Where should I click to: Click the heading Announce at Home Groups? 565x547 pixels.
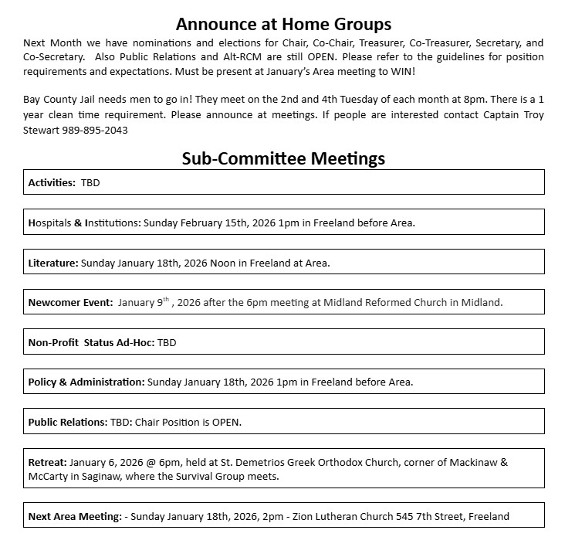[283, 23]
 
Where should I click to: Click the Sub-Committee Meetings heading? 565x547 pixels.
[283, 158]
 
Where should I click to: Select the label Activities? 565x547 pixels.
[52, 183]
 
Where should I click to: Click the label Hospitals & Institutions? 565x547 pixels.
[84, 223]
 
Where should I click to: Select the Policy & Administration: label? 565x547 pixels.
[86, 382]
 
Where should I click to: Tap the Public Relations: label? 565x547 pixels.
[67, 422]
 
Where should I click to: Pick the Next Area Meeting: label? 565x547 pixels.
[75, 516]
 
